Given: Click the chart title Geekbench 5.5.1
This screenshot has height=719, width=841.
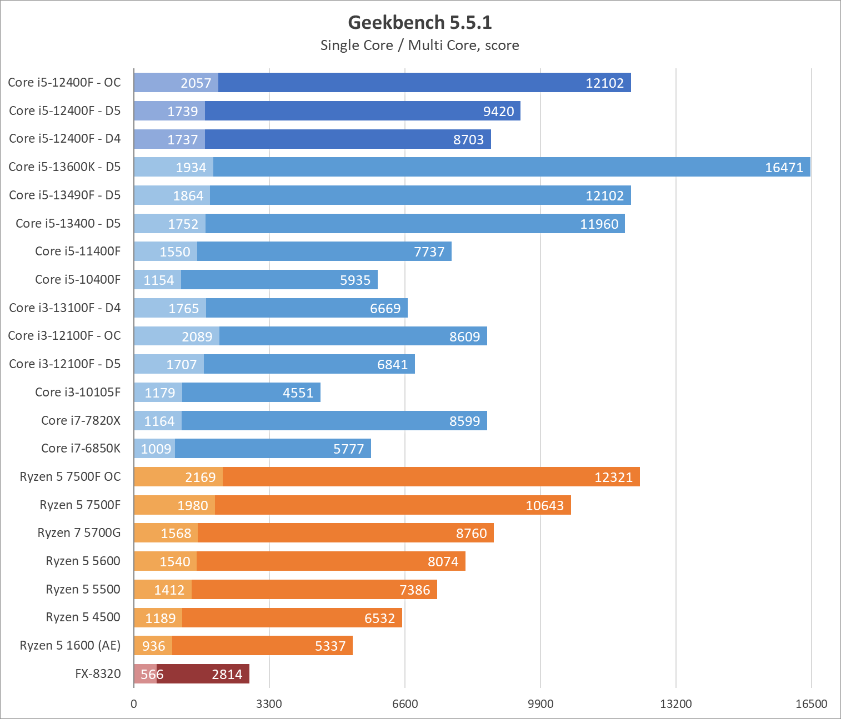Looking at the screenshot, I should tap(420, 22).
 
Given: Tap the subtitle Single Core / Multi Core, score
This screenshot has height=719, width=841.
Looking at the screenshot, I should tap(420, 46).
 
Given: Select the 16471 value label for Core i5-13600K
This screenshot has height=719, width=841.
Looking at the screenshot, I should tap(784, 167).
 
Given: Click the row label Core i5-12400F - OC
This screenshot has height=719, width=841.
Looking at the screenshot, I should tap(64, 83).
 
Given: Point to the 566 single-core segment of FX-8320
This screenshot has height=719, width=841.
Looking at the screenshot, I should tap(146, 674).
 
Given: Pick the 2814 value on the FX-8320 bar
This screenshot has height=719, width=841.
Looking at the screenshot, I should tap(227, 674).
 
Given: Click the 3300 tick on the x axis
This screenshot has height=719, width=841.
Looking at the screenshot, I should tap(269, 704).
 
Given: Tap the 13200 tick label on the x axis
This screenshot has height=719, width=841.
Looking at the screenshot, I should tap(676, 704).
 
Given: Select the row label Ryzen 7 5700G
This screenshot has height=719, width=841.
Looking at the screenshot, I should tap(79, 533).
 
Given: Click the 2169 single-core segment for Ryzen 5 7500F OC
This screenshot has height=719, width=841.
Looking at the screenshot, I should tap(178, 477).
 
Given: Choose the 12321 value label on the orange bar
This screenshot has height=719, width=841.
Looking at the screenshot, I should tap(613, 477).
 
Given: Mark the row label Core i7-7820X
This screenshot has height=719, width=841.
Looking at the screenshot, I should tap(81, 420).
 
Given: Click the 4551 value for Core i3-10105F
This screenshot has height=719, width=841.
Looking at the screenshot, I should tap(298, 393).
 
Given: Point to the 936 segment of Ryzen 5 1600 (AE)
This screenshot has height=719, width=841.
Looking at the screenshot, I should tap(153, 646).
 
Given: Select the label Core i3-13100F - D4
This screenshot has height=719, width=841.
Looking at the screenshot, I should tap(64, 308).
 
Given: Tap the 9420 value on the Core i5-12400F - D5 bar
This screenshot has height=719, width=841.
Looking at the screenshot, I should tap(498, 111).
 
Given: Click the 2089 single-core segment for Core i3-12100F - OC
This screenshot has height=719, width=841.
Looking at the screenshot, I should tap(177, 336).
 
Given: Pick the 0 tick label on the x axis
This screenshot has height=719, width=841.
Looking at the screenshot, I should tap(134, 704).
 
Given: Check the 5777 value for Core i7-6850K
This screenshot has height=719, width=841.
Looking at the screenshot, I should tap(348, 449).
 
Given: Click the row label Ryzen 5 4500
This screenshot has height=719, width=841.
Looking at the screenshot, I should tap(83, 617).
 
